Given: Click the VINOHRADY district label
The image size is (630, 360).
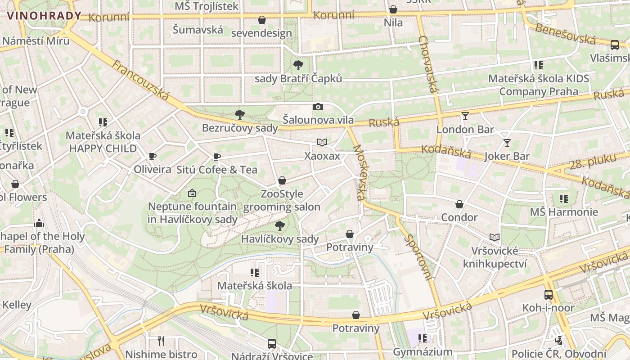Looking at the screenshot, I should click(x=44, y=16).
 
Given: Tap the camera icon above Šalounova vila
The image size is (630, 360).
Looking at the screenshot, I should click(x=318, y=107).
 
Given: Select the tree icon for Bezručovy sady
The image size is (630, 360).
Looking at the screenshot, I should click(x=240, y=115).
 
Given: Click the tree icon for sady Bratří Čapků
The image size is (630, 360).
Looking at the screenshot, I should click(x=298, y=65).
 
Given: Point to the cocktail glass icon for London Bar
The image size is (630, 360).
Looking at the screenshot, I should click(x=465, y=116).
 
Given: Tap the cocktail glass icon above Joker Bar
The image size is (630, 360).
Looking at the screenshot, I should click(x=507, y=143).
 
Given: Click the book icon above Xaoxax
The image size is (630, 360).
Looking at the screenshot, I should click(x=322, y=143).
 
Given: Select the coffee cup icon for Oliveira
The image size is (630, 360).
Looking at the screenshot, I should click(x=153, y=156).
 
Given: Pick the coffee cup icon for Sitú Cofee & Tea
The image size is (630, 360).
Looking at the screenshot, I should click(x=217, y=157).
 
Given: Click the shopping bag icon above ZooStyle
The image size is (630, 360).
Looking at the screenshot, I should click(x=282, y=180).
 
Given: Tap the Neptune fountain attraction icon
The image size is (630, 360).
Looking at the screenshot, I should click(x=192, y=193).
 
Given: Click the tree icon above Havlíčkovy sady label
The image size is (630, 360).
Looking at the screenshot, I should click(x=280, y=225).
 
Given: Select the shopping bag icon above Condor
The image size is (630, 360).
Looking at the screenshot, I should click(x=459, y=204).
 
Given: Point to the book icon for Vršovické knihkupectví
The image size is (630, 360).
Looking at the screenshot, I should click(x=495, y=237).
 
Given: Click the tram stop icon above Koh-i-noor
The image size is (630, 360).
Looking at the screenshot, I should click(x=549, y=295).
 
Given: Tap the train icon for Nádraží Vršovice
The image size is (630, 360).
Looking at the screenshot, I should click(x=272, y=344).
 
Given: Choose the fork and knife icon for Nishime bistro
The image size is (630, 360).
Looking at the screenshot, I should click(x=161, y=341).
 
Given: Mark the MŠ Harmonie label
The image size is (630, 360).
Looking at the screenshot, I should click(x=564, y=212).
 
